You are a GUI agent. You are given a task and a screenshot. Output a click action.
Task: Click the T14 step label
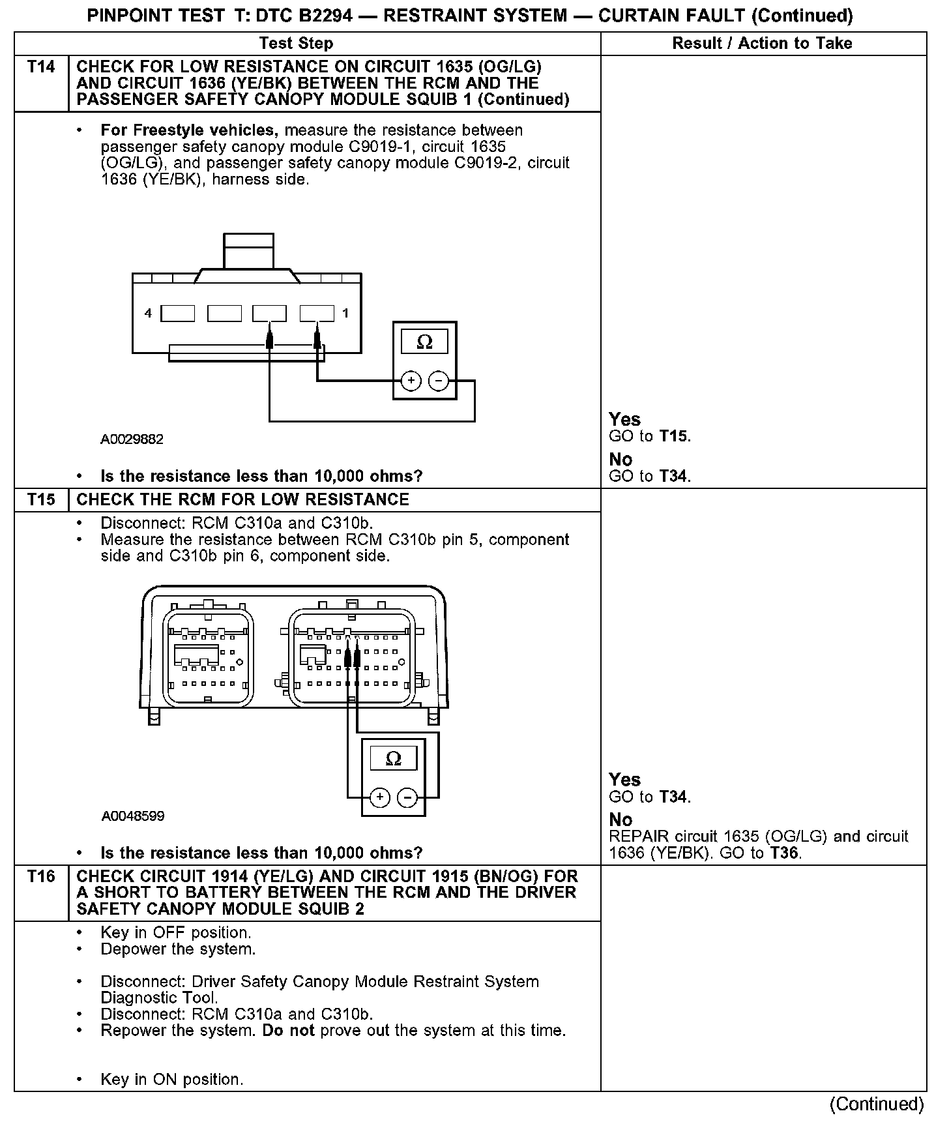[x=41, y=67]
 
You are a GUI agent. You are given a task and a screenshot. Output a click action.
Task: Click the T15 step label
[x=41, y=500]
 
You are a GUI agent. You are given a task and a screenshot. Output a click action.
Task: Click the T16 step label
[x=41, y=877]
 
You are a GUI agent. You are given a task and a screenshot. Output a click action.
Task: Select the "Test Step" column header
[x=296, y=44]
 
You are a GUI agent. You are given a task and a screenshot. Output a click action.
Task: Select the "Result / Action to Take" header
[x=762, y=44]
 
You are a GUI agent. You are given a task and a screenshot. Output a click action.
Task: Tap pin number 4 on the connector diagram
[x=148, y=314]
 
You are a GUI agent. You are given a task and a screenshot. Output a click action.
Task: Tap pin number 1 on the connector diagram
[x=345, y=314]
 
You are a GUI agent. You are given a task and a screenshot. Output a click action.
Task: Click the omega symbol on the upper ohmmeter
[x=424, y=342]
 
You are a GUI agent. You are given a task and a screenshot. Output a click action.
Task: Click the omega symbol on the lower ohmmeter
[x=394, y=758]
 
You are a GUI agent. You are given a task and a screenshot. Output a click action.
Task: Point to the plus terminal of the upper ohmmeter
[x=411, y=381]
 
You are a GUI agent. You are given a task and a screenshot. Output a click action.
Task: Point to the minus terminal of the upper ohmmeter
[x=439, y=381]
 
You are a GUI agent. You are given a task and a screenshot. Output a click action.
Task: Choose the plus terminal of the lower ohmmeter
[x=380, y=797]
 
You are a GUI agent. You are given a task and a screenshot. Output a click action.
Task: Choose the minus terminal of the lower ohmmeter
[x=407, y=797]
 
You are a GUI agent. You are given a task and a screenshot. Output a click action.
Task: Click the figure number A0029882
[x=132, y=439]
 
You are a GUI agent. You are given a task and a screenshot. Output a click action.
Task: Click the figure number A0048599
[x=133, y=816]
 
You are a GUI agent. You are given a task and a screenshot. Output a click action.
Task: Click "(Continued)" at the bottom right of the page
[x=877, y=1104]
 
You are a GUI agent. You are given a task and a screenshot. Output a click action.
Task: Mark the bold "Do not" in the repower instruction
[x=288, y=1031]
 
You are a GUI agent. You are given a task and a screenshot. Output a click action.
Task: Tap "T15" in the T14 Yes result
[x=674, y=436]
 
